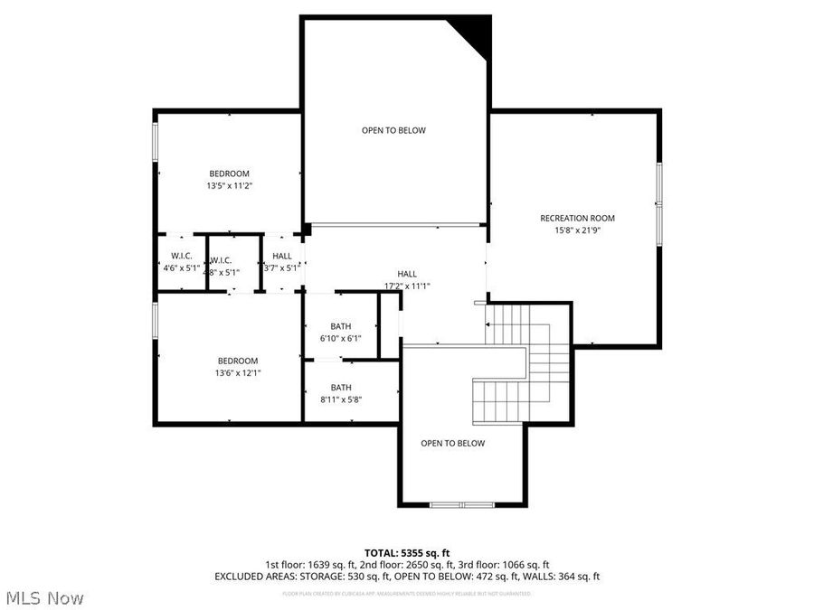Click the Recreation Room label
(x=577, y=218)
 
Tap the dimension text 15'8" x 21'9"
(x=577, y=230)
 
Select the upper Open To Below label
(x=393, y=130)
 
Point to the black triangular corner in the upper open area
(x=474, y=31)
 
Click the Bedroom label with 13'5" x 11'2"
(x=229, y=174)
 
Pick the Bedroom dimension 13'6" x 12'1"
(x=236, y=372)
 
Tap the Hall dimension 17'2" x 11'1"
(x=407, y=286)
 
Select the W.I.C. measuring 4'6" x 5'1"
(x=181, y=262)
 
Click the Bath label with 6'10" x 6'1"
(x=340, y=326)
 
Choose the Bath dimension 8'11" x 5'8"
(x=340, y=399)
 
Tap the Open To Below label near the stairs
(x=452, y=443)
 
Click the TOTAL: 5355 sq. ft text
(x=407, y=552)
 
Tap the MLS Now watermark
(x=45, y=597)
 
